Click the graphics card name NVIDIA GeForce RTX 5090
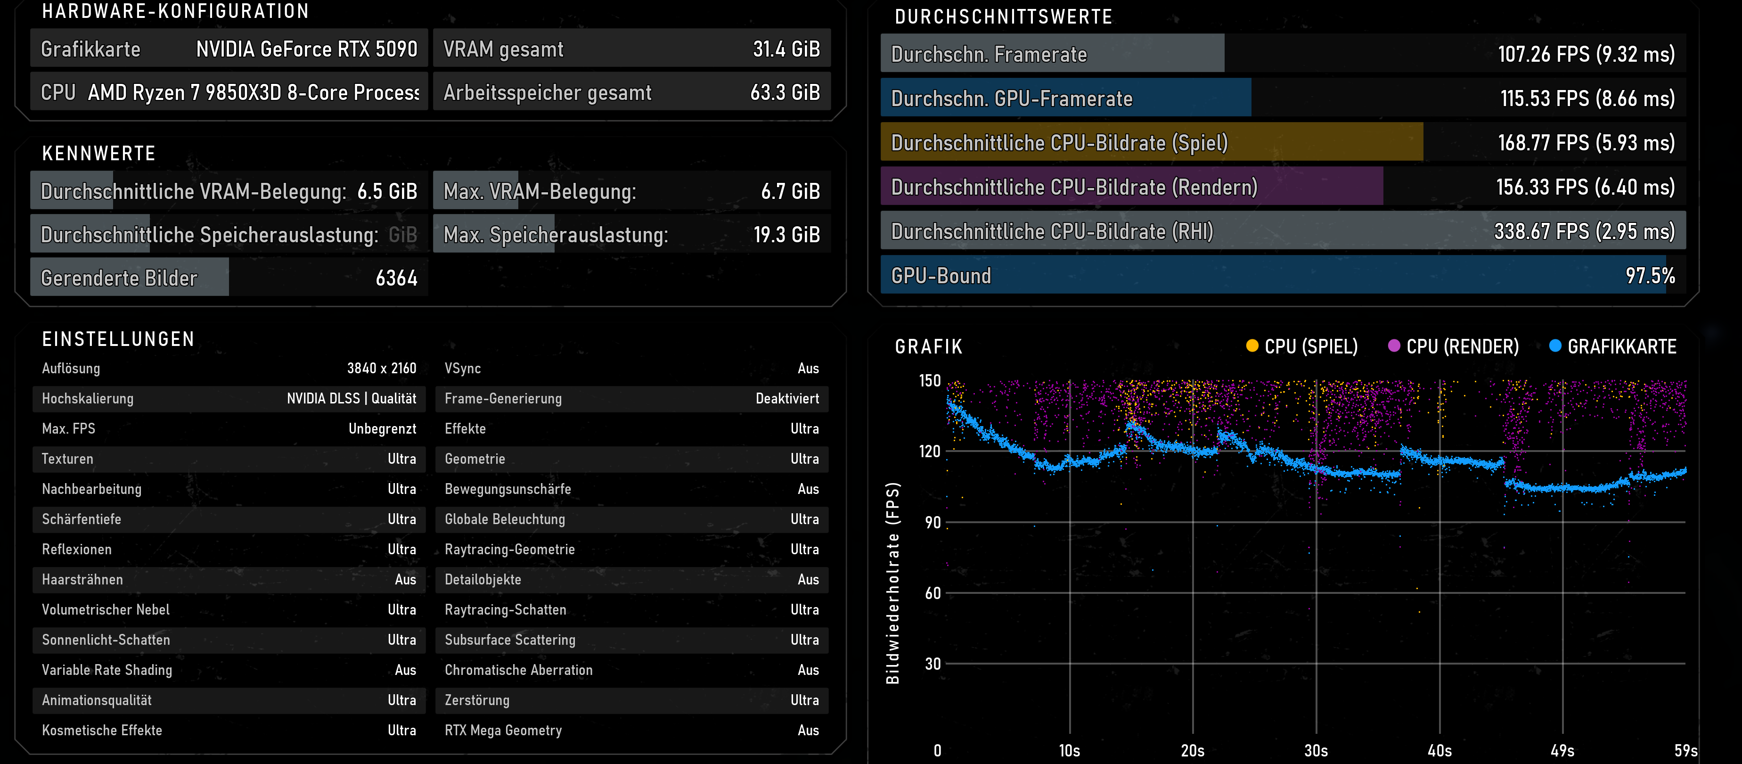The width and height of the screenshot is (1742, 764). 306,49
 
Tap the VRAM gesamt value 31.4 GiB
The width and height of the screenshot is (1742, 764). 786,49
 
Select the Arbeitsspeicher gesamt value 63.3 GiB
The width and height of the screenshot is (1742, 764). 785,93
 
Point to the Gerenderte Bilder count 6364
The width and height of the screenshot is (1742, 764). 397,278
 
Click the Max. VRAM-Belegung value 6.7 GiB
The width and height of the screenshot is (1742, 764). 791,191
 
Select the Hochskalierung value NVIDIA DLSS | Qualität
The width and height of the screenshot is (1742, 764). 352,399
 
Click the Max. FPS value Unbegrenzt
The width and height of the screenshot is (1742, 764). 383,429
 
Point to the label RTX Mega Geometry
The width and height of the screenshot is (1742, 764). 503,730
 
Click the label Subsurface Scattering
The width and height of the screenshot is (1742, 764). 510,640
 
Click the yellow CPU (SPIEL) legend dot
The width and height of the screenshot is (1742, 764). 1252,346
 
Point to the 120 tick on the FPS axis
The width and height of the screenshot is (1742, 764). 930,452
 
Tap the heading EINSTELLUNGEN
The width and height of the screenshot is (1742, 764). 118,339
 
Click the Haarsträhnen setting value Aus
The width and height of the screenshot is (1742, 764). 406,579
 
